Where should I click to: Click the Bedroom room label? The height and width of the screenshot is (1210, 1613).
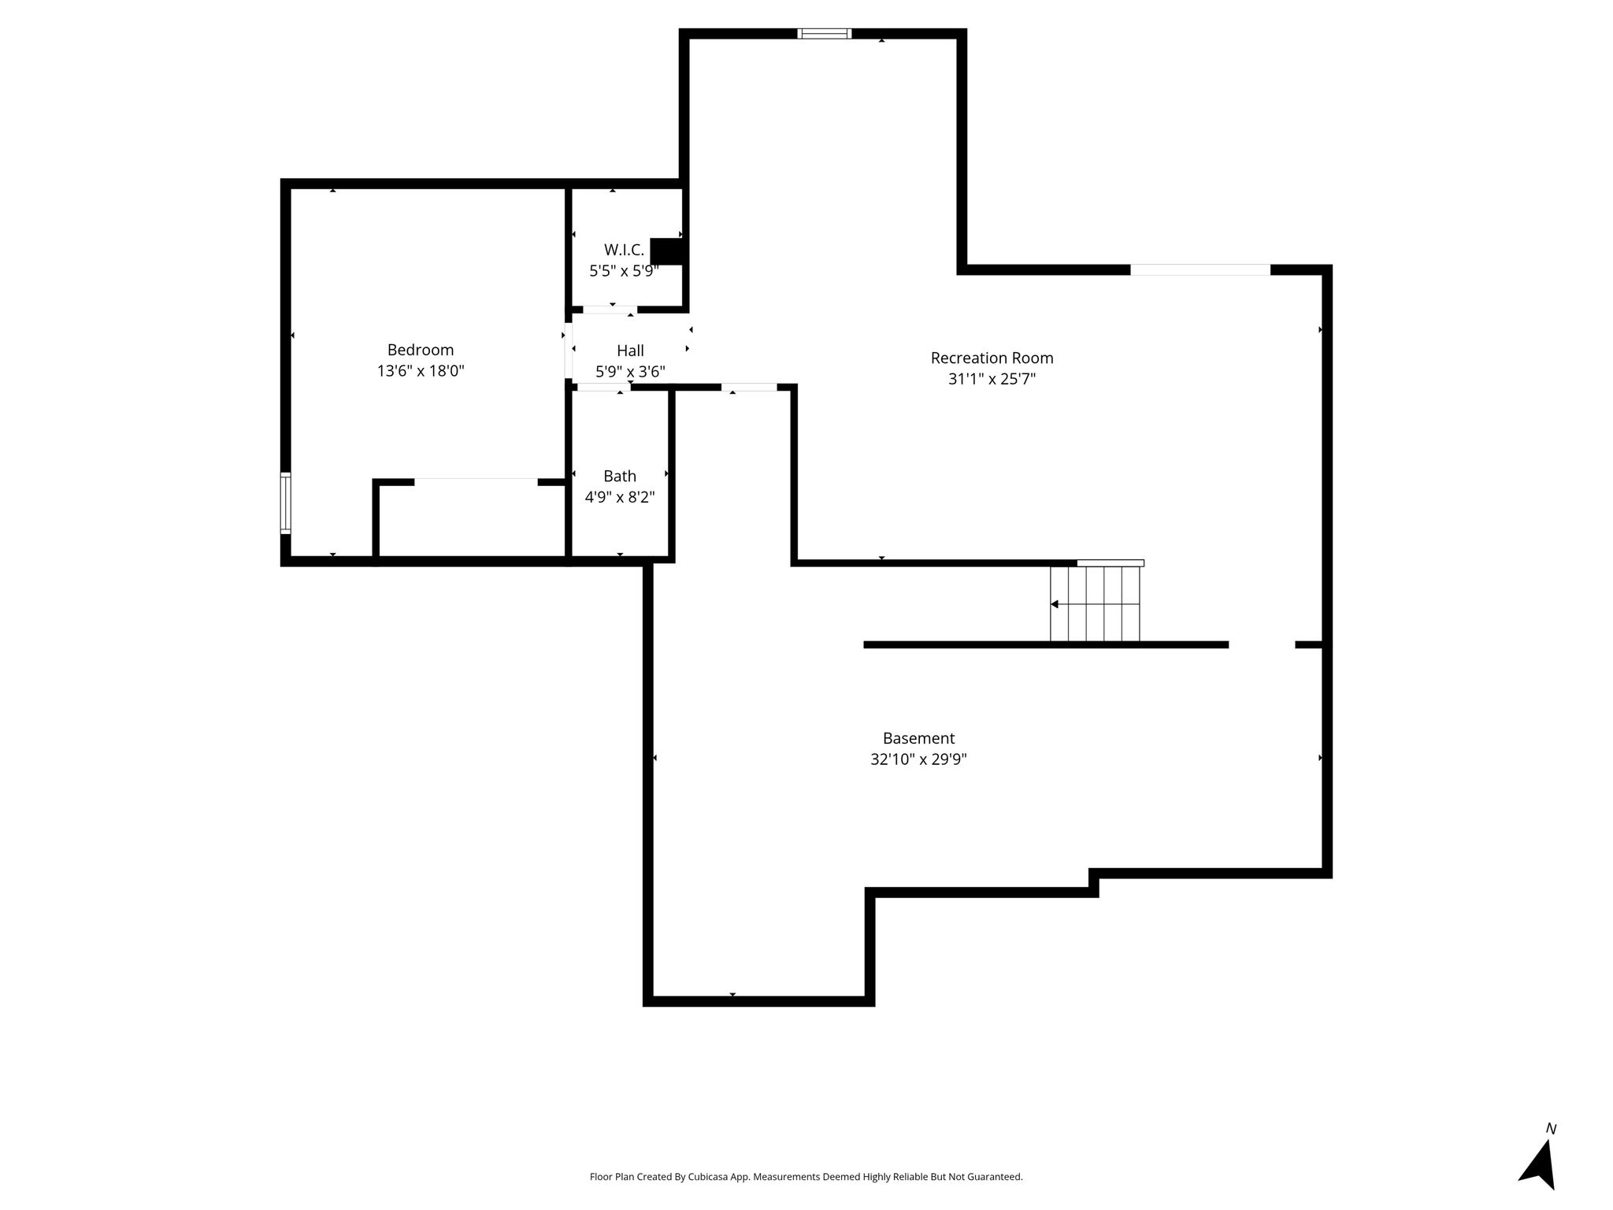click(421, 350)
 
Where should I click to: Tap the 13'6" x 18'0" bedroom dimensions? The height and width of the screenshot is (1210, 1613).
click(421, 371)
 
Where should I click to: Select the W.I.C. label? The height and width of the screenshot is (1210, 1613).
click(624, 250)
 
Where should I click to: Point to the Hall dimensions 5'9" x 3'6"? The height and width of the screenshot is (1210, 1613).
click(630, 372)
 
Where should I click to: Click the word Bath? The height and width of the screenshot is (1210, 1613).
click(620, 476)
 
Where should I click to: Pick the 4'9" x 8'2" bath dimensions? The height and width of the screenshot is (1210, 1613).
click(620, 497)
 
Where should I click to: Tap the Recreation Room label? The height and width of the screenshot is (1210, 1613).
click(992, 358)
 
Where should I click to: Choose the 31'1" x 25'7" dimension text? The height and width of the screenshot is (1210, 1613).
click(992, 379)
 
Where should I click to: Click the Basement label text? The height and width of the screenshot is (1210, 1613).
click(918, 738)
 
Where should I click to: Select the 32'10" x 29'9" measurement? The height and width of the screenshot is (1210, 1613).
click(918, 759)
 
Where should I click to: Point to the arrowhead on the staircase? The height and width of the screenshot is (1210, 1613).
click(1055, 604)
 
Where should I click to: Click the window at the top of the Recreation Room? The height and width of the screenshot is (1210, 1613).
click(825, 34)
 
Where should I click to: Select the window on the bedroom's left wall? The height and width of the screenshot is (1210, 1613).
click(286, 503)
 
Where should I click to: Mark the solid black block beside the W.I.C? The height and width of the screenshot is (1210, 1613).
click(668, 251)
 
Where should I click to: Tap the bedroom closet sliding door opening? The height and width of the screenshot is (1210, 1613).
click(476, 481)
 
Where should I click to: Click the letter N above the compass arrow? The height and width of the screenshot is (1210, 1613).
click(1551, 1129)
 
